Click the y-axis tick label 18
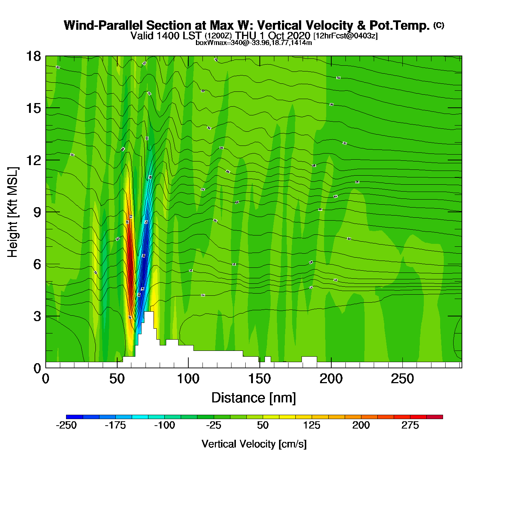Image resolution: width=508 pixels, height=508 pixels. pos(33,56)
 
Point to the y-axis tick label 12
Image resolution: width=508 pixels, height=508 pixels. pos(33,160)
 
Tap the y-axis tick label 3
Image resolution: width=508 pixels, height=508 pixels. pos(37,316)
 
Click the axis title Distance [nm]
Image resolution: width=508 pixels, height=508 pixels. pos(254,398)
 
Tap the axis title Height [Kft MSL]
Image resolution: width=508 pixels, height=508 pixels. pos(13,212)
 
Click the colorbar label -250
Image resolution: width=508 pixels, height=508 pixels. pos(66,425)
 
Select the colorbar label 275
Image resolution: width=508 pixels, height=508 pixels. pos(410,425)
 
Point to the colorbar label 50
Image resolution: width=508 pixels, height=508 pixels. pos(263,425)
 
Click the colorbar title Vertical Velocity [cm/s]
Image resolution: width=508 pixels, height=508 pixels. pos(254,444)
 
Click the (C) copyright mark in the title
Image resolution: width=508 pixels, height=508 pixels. pos(439,25)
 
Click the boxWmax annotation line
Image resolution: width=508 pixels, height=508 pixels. pos(254,42)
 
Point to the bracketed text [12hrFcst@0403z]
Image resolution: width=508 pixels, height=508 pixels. pos(345,36)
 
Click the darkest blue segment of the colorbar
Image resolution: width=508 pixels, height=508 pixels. pos(74,417)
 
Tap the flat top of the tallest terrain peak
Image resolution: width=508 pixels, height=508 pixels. pos(149,312)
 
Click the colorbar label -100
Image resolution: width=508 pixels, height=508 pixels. pos(164,425)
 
